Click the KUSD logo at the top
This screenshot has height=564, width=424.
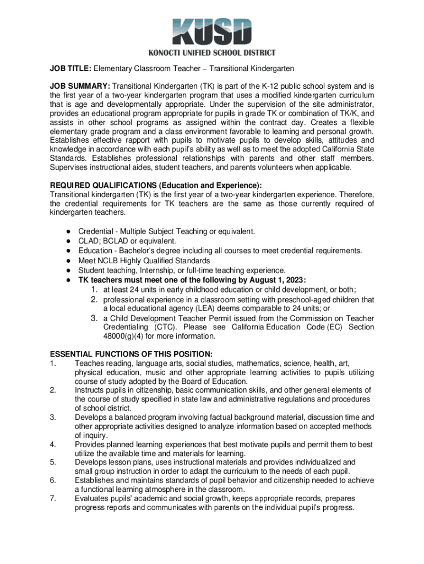(x=211, y=32)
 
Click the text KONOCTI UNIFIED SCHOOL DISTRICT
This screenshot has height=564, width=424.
(x=211, y=53)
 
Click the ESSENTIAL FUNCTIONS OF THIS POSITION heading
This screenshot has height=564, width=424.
(x=131, y=354)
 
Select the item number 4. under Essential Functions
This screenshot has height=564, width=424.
(x=53, y=444)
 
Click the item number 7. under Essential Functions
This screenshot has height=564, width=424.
(x=53, y=498)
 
